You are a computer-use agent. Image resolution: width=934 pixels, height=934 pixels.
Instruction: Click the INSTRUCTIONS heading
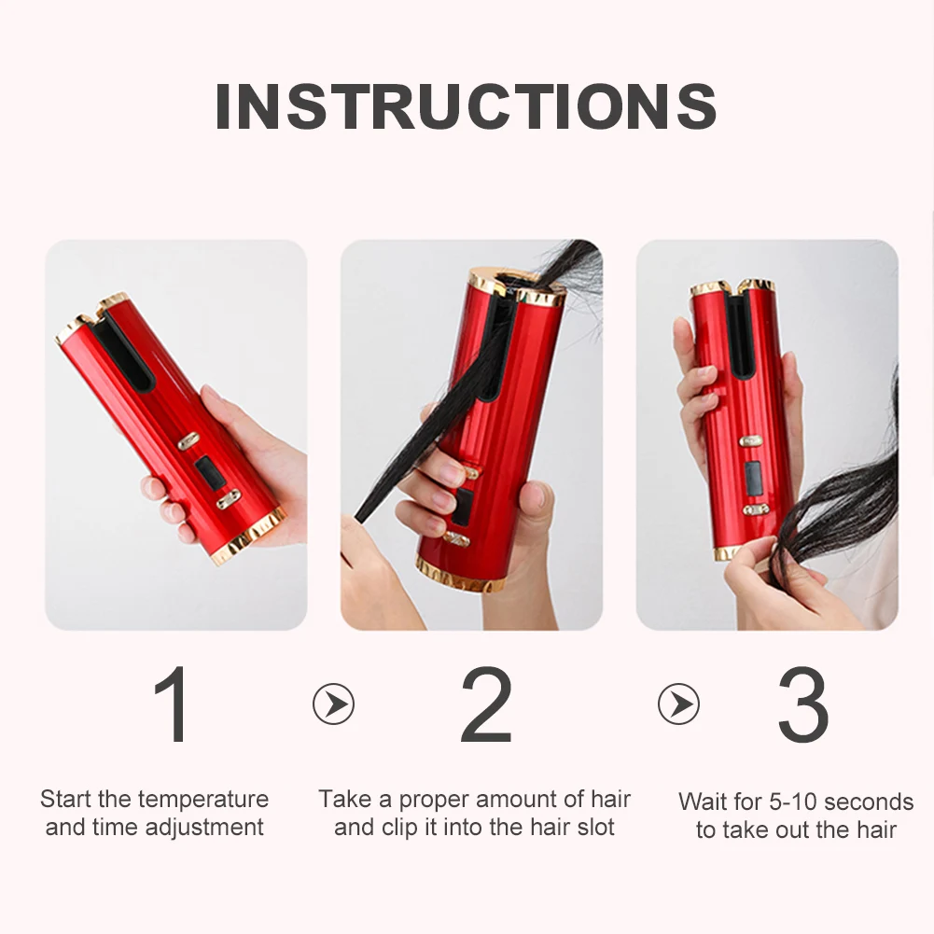tap(466, 106)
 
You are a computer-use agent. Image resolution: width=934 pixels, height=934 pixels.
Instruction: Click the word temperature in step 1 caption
tap(202, 800)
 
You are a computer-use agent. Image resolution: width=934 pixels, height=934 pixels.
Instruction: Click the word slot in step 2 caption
tap(595, 828)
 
